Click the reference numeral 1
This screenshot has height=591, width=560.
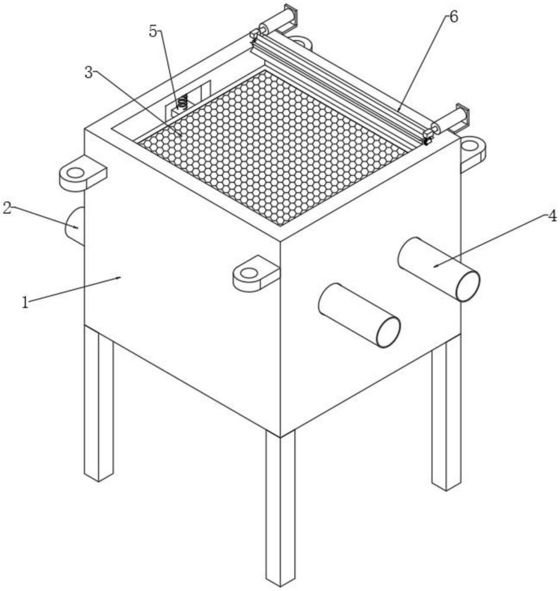coord(25,302)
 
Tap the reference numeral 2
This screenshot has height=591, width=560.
coord(7,207)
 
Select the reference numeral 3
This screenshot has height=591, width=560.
coord(89,72)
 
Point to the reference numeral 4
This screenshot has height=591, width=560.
coord(552,216)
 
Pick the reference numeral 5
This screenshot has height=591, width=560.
coord(153,32)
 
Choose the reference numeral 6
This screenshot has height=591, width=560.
coord(454,17)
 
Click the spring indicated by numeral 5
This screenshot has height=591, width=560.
coord(183,102)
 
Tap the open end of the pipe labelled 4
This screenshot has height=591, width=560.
coord(468,286)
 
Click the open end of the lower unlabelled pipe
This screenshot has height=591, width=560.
coord(389,332)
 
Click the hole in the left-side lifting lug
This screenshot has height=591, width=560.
coord(76,173)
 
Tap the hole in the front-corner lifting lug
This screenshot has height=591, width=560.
coord(249,272)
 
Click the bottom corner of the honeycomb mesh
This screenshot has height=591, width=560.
coord(280,225)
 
